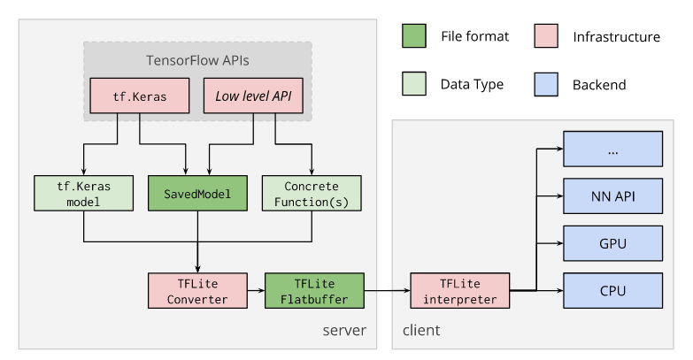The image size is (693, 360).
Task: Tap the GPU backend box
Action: coord(613,241)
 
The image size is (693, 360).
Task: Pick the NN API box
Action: coord(613,195)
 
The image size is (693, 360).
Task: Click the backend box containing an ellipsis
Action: coord(613,148)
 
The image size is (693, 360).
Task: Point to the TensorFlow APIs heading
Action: coord(197,60)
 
